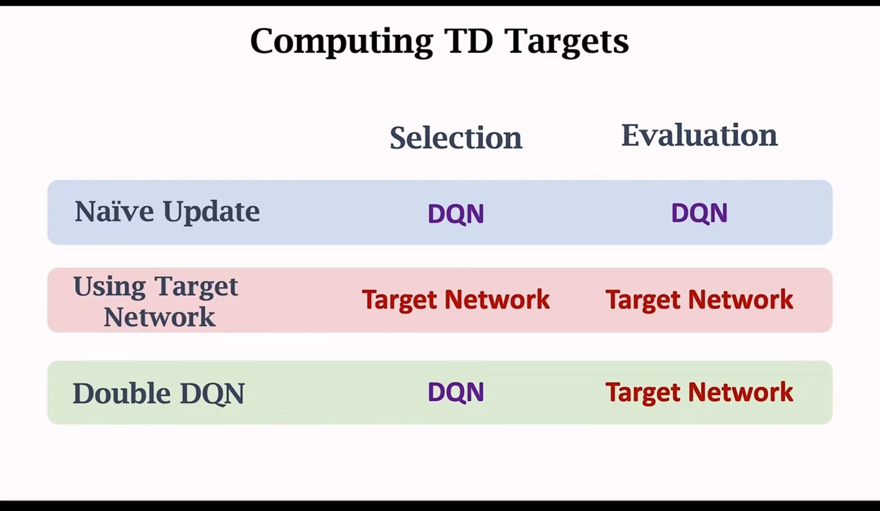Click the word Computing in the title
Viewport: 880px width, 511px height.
[342, 42]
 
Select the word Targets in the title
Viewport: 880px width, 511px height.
[567, 42]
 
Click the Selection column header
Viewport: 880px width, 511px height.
[456, 138]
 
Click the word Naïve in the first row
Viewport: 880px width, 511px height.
[114, 211]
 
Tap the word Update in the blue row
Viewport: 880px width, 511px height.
[211, 212]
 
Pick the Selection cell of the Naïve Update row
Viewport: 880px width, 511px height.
[456, 213]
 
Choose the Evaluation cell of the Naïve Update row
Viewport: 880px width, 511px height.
[699, 212]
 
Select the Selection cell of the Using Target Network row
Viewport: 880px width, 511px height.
[456, 300]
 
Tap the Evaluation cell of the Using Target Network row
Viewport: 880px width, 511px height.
[699, 300]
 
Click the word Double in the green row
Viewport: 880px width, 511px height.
[122, 393]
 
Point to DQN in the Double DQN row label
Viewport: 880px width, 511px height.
[212, 394]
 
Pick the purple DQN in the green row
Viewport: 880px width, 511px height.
[456, 392]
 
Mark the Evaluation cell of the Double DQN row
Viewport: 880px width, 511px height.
[699, 392]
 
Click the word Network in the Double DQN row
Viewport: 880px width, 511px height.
[740, 392]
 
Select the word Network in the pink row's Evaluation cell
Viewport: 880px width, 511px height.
[740, 299]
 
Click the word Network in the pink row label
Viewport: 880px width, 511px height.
[159, 317]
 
